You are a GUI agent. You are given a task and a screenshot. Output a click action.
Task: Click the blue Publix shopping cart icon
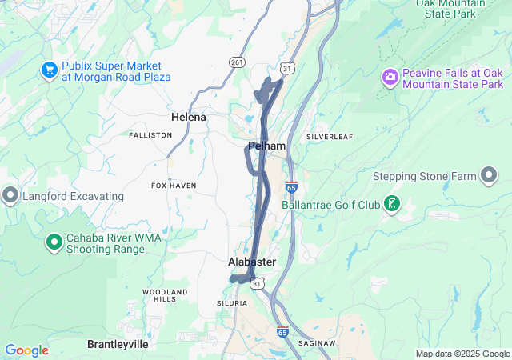49,70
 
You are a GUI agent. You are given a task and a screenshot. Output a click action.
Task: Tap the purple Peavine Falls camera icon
390,77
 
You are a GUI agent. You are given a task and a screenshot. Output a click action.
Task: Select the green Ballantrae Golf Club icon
391,204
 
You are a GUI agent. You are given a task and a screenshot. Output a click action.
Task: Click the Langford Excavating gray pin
10,195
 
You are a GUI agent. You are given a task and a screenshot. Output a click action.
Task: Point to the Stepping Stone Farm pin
490,176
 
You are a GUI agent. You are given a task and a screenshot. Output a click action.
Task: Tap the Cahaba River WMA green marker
54,240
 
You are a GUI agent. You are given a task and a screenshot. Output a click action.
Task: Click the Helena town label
189,117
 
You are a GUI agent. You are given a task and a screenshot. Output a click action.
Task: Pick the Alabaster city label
252,262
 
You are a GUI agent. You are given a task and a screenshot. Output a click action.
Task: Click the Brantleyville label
118,343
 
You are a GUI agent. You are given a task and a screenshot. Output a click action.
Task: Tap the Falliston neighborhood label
150,135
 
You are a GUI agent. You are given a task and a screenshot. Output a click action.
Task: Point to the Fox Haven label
174,186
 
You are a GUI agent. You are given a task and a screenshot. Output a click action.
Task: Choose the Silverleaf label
330,137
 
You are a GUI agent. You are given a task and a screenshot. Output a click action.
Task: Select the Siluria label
232,303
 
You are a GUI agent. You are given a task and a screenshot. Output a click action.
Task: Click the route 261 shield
237,62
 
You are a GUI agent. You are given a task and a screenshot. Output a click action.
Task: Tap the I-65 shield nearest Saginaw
282,331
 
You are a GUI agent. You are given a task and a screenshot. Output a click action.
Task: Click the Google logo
26,350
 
